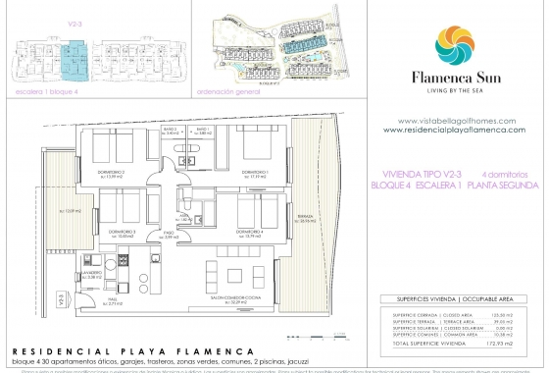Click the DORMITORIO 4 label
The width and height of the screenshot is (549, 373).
coord(251,233)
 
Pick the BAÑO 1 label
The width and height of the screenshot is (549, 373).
coord(202,131)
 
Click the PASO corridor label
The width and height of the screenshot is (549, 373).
coord(169,236)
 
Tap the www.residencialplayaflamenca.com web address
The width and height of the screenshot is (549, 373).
coord(453,130)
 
